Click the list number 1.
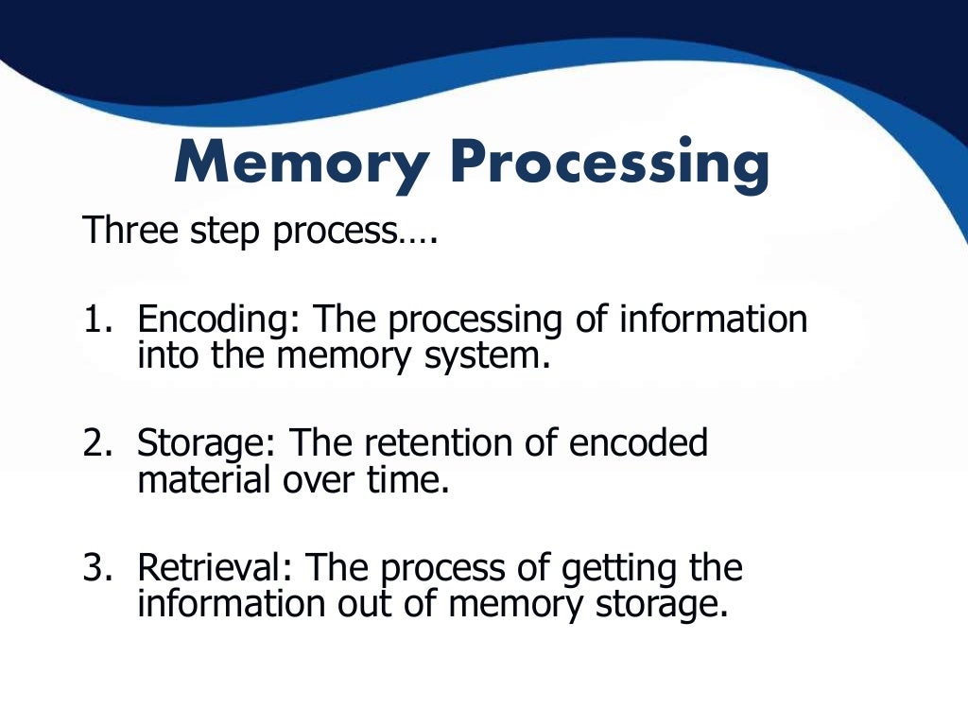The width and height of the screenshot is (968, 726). point(95,320)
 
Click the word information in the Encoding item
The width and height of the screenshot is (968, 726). point(714,320)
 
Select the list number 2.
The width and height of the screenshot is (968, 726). point(95,443)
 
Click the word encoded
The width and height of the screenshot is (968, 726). point(639,443)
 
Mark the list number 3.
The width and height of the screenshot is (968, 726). point(95,568)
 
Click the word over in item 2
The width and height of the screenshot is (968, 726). point(315,479)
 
